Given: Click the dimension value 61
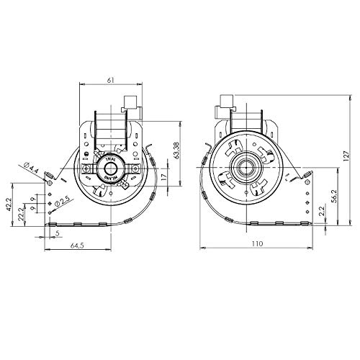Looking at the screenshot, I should pos(109,79).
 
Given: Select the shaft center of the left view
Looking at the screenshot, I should pos(110,169).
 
